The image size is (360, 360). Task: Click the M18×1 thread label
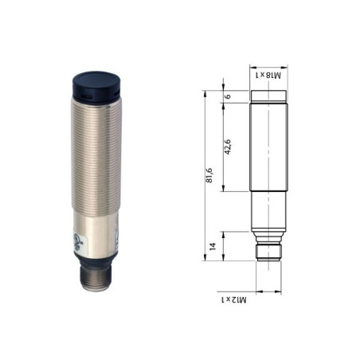click(x=268, y=75)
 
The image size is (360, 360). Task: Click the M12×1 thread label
click(x=234, y=300)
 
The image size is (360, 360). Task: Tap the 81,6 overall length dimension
click(x=209, y=175)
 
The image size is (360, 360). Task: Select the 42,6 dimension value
click(x=228, y=147)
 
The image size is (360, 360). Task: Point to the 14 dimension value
click(x=213, y=246)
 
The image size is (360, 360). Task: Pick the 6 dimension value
click(x=228, y=96)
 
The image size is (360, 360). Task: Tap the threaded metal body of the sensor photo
click(x=96, y=157)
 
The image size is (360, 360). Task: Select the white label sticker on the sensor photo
click(x=77, y=242)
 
